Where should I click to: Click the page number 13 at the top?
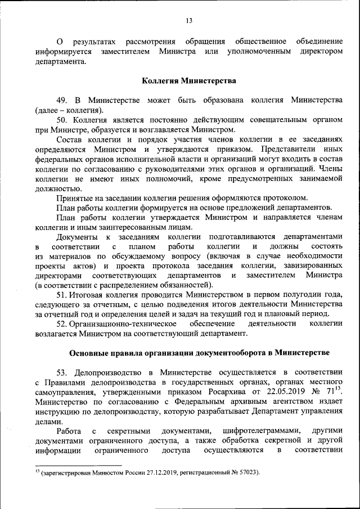click(188, 21)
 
